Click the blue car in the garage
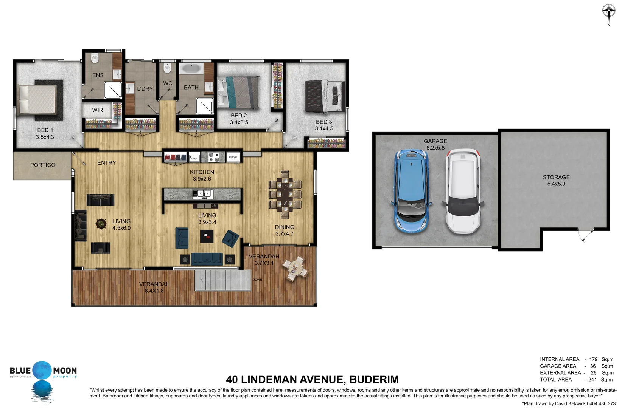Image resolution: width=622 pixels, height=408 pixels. pyautogui.click(x=412, y=191)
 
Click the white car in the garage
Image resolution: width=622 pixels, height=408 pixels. pyautogui.click(x=463, y=191)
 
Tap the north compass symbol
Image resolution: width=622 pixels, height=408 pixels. pyautogui.click(x=608, y=12)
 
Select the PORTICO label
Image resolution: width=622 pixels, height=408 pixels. pyautogui.click(x=43, y=165)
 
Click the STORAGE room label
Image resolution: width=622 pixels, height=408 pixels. pyautogui.click(x=556, y=177)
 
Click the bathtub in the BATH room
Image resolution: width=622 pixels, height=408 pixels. pyautogui.click(x=191, y=69)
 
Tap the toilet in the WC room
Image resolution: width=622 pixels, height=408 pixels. pyautogui.click(x=167, y=68)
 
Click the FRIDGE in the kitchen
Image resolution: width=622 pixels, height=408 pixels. pyautogui.click(x=233, y=157)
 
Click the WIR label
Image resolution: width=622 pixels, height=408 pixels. pyautogui.click(x=97, y=110)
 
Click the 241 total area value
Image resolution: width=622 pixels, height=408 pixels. pyautogui.click(x=592, y=380)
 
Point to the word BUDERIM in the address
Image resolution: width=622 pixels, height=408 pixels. pyautogui.click(x=374, y=379)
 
